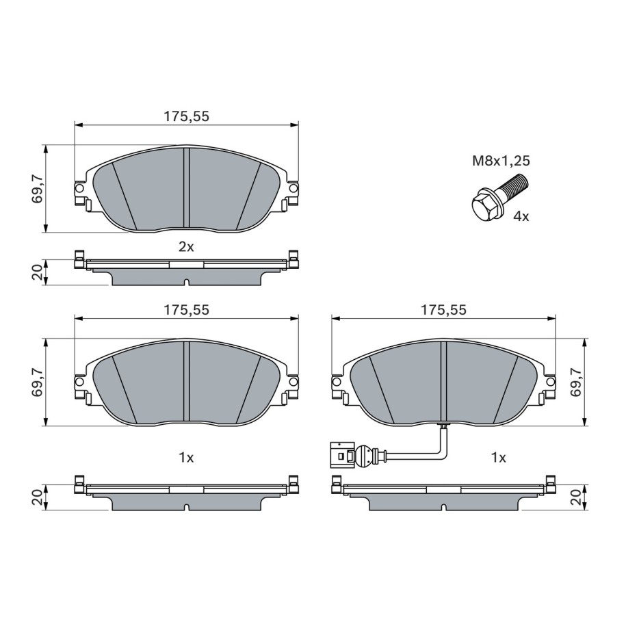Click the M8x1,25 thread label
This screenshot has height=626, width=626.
click(501, 161)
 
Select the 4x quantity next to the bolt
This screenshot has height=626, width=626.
click(521, 217)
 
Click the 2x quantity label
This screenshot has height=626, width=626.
click(186, 247)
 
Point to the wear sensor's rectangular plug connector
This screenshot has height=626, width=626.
click(341, 454)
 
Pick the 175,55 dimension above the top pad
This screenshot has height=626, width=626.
click(187, 116)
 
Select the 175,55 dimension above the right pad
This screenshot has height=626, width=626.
click(443, 310)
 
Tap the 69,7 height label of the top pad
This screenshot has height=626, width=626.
click(38, 188)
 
